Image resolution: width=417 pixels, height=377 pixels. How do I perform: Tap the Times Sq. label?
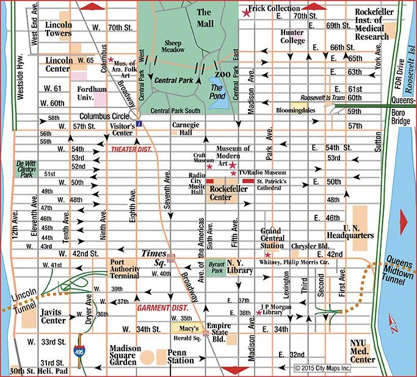[x=154, y=253]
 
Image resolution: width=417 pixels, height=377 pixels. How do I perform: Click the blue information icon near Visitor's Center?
[x=139, y=124]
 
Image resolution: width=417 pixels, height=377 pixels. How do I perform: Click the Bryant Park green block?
[x=214, y=269]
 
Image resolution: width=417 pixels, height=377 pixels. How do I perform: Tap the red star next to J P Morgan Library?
[x=259, y=313]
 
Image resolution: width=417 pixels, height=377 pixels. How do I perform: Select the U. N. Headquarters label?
[x=360, y=232]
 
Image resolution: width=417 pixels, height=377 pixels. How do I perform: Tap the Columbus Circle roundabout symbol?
[x=133, y=113]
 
